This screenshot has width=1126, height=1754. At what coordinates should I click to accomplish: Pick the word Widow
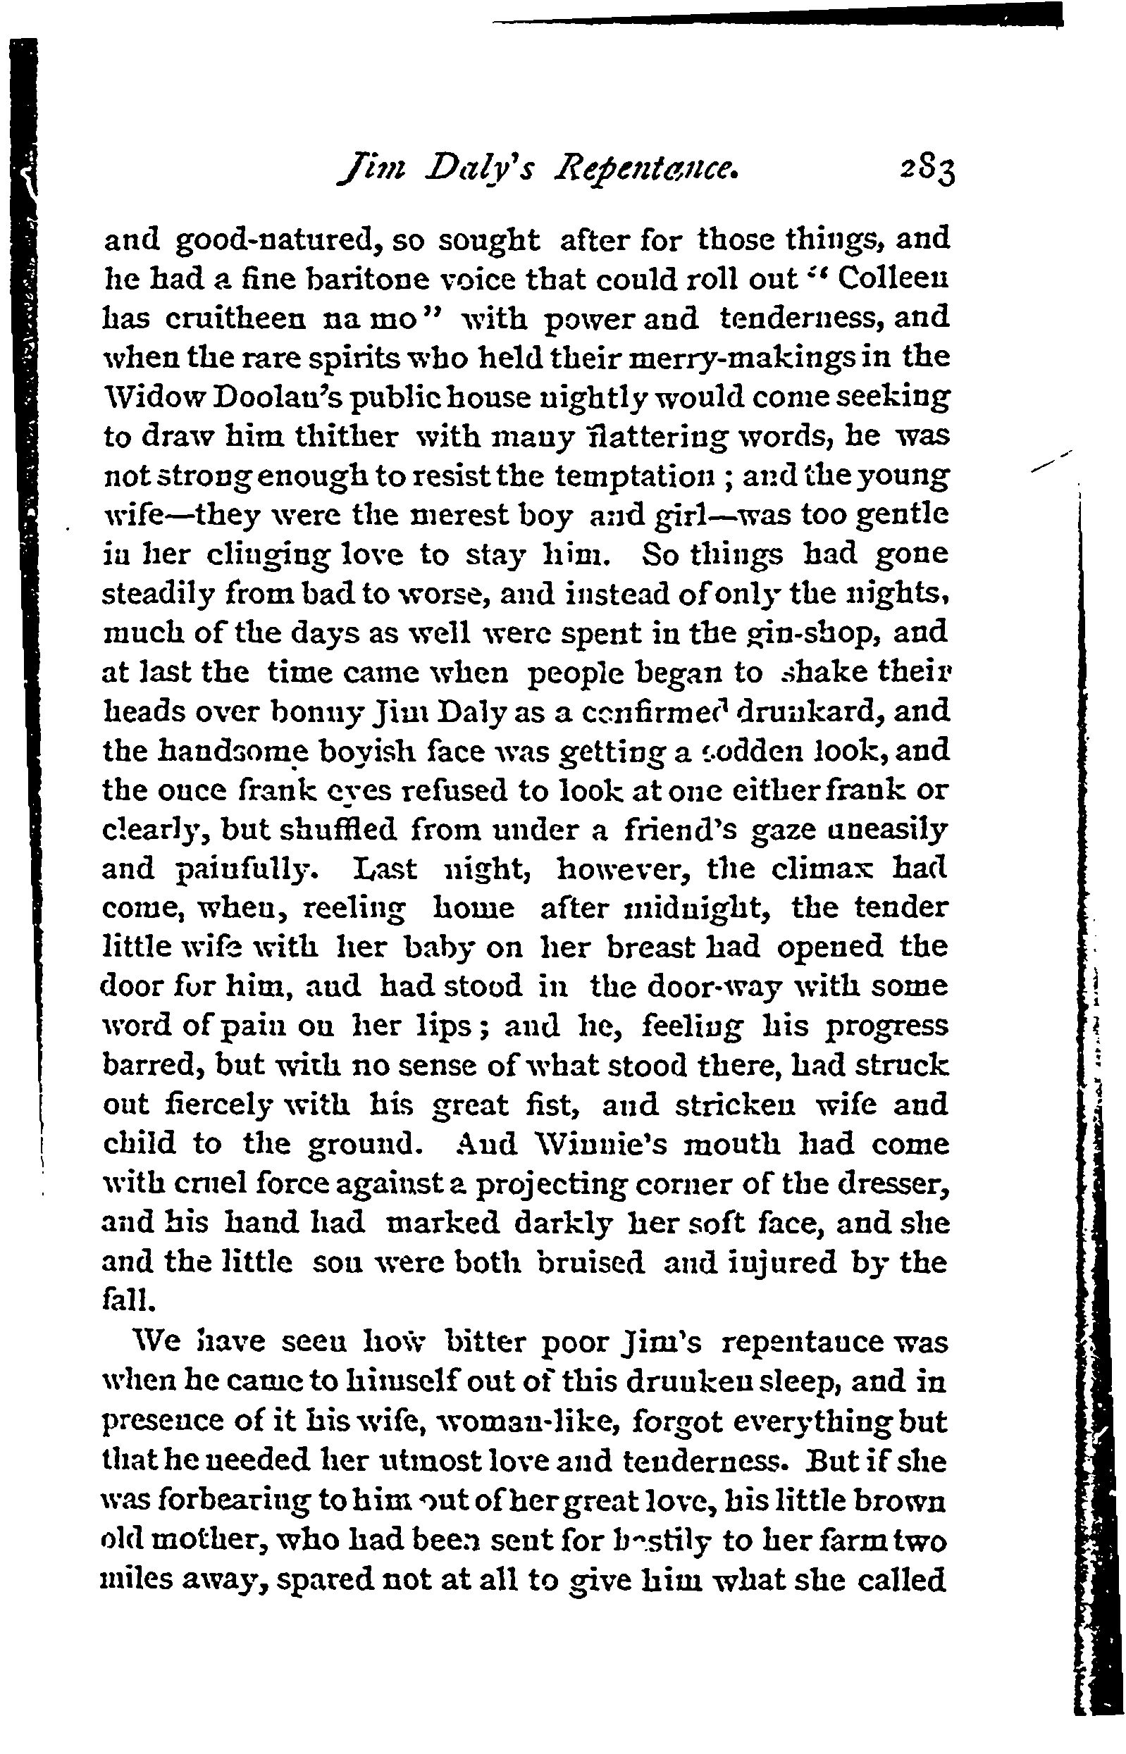pyautogui.click(x=143, y=397)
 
